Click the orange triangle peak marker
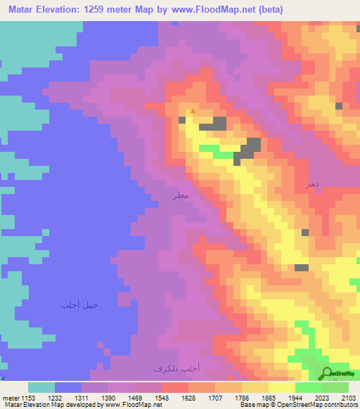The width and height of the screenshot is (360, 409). [193, 110]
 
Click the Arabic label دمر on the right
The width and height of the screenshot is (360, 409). [311, 183]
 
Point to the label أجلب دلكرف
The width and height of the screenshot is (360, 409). [176, 368]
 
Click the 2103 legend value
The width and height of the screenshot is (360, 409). [349, 398]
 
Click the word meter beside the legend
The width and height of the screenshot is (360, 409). [11, 398]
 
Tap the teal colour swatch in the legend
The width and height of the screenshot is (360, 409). [41, 387]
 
